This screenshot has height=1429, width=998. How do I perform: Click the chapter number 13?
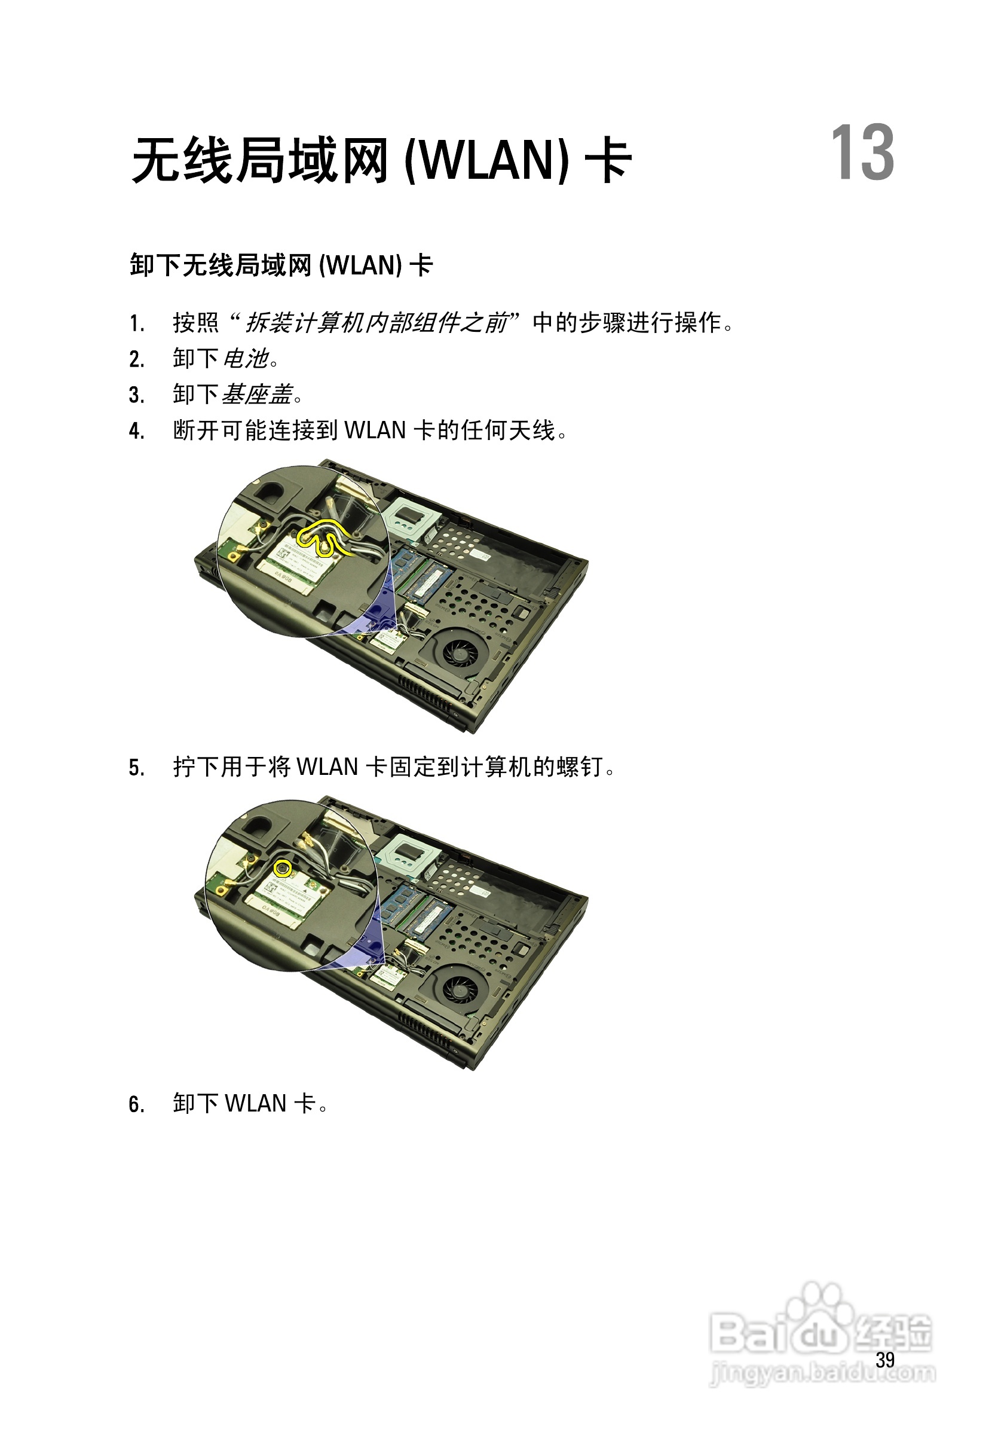862,152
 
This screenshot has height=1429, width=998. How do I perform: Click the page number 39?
885,1360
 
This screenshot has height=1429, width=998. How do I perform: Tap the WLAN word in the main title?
486,161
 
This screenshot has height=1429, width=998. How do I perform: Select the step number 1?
136,323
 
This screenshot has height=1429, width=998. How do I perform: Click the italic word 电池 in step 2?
245,359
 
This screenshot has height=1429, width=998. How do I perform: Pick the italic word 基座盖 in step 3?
257,395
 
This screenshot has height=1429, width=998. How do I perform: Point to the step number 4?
136,430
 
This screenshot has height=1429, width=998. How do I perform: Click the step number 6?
136,1105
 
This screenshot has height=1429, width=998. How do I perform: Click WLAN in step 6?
255,1104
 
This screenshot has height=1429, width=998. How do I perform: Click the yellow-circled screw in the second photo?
283,868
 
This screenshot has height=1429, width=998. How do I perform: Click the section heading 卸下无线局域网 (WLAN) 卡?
281,265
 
